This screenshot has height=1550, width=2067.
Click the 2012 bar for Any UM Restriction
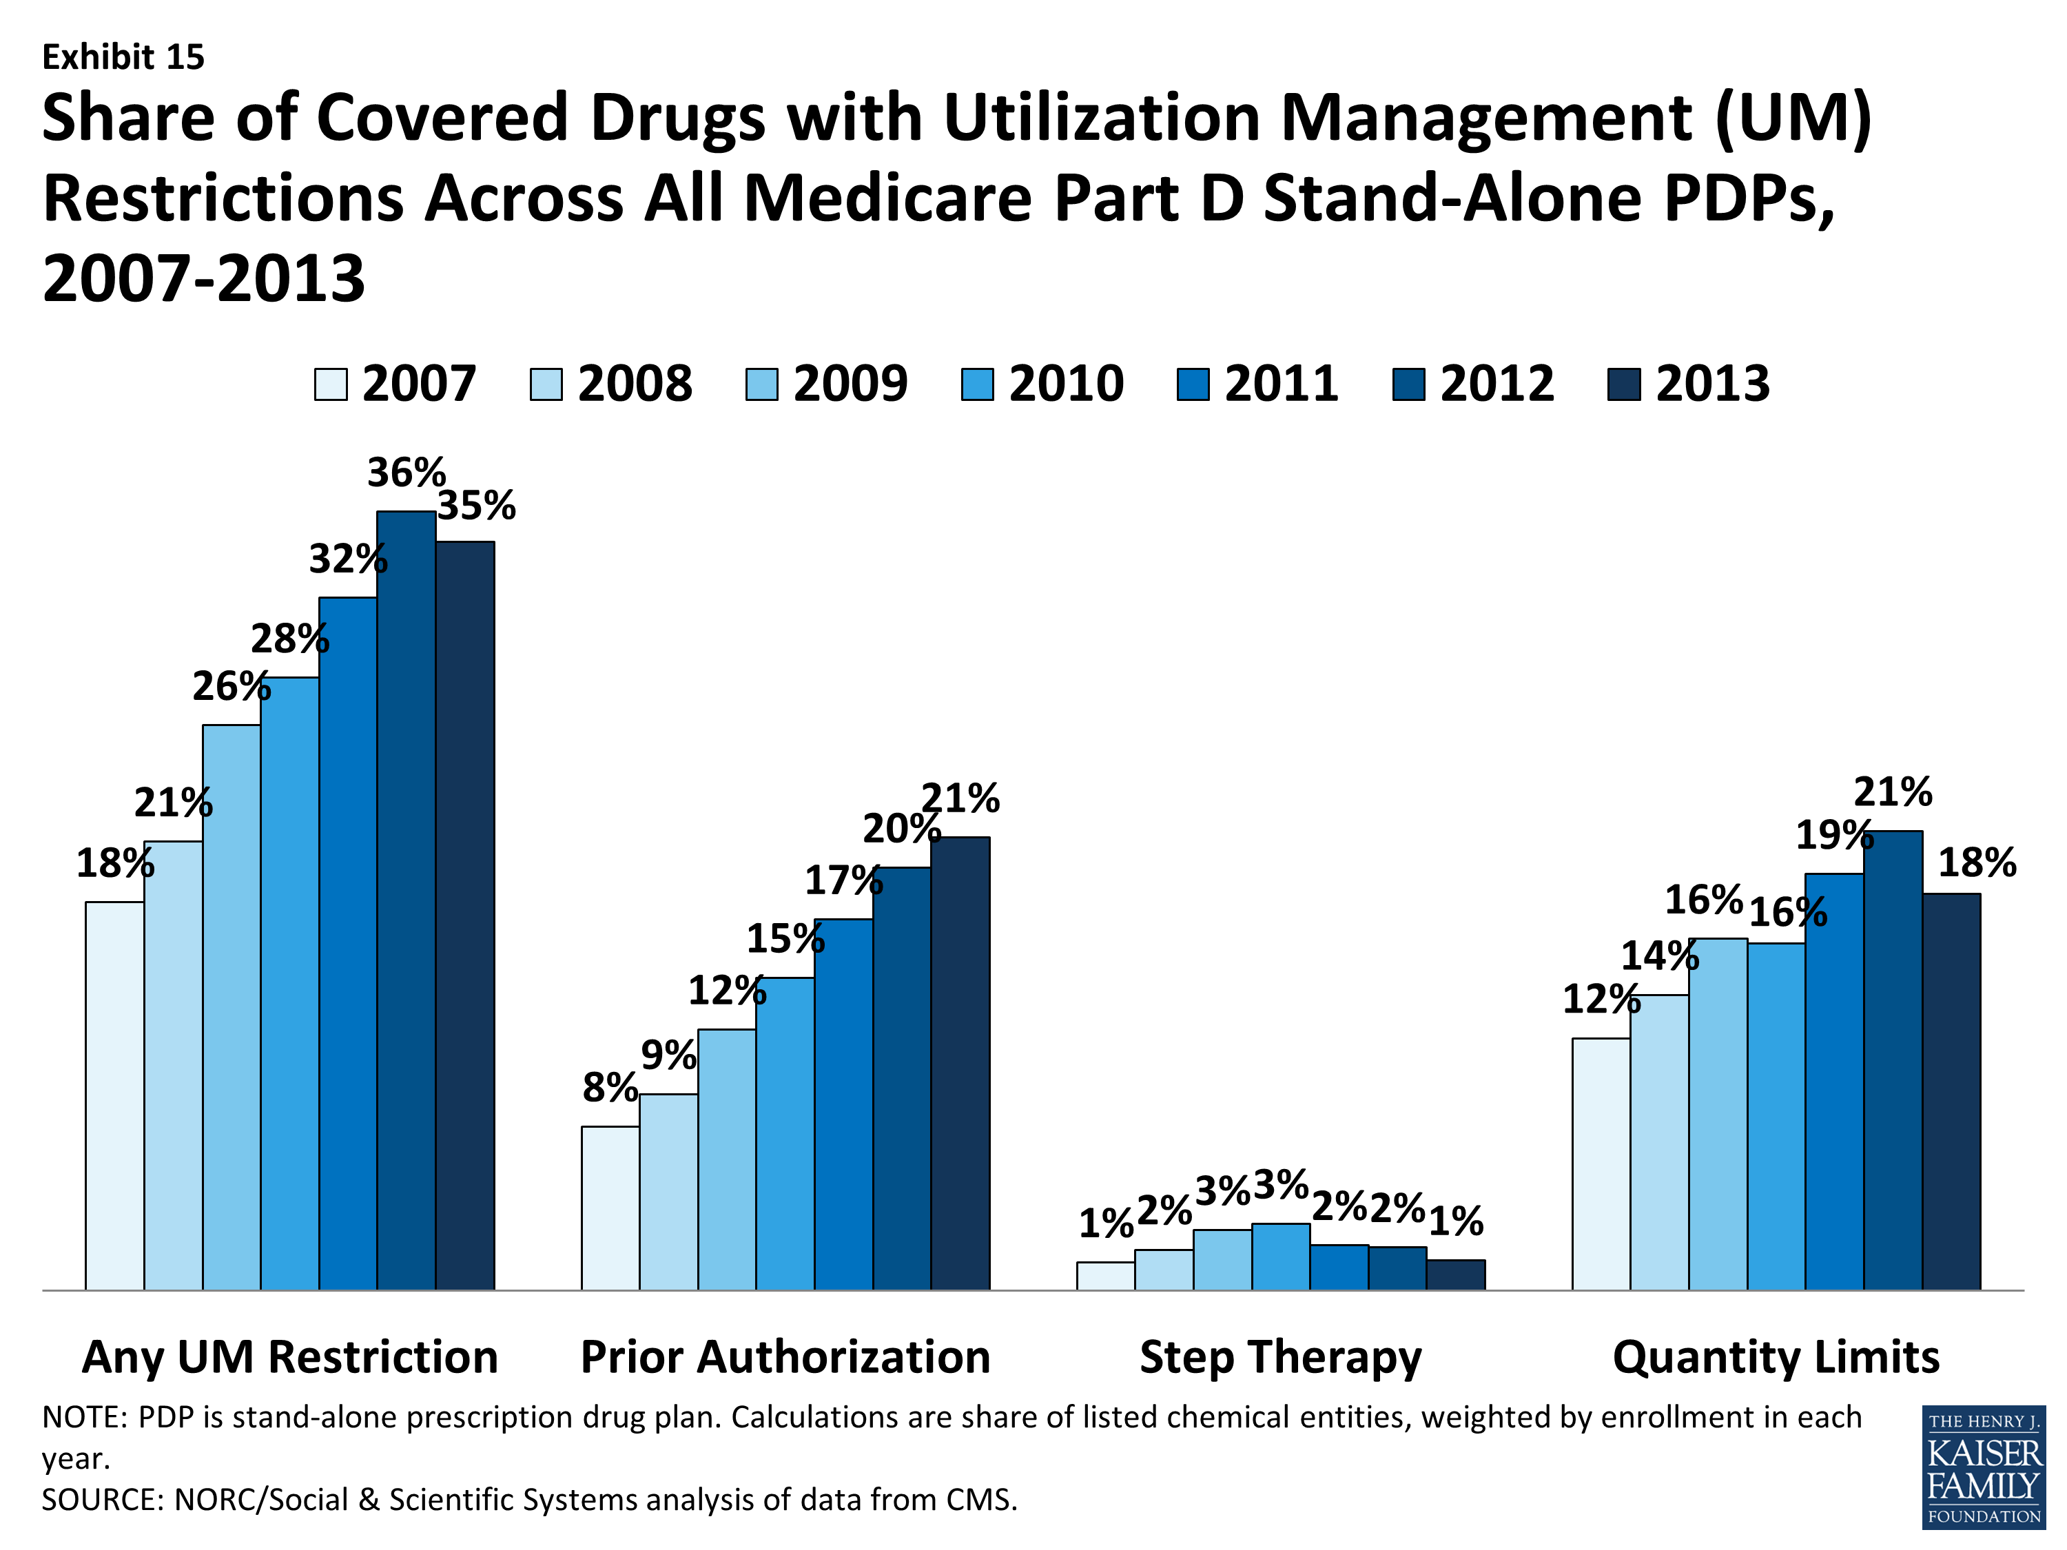[406, 902]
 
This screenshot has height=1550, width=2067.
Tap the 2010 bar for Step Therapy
[1280, 1257]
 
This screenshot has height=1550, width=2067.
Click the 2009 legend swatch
[761, 384]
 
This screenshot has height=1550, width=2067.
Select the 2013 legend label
[1712, 384]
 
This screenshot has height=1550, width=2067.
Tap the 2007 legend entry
[395, 384]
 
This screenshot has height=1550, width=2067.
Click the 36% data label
[406, 473]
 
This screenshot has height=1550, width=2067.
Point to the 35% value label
[477, 506]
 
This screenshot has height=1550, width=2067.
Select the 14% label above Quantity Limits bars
[1660, 955]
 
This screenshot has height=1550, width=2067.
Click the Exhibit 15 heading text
[123, 58]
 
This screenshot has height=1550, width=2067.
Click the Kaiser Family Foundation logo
[1983, 1467]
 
